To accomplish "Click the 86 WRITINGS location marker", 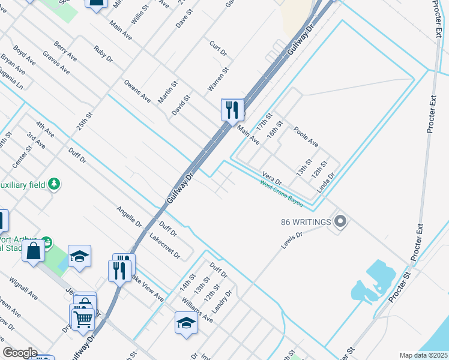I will coord(340,222).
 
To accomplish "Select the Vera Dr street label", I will coord(271,178).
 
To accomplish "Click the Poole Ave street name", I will coord(306,137).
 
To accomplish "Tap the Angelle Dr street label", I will coord(129,217).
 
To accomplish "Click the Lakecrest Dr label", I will coord(165,245).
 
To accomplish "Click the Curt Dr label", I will coord(218,49).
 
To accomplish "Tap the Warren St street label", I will coord(218,79).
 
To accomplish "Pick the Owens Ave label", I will coord(137,91).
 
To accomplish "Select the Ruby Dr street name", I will coord(103,54).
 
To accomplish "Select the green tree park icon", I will coord(55,183).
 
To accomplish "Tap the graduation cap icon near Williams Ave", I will coord(186,322).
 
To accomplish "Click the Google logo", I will coord(20,353).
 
